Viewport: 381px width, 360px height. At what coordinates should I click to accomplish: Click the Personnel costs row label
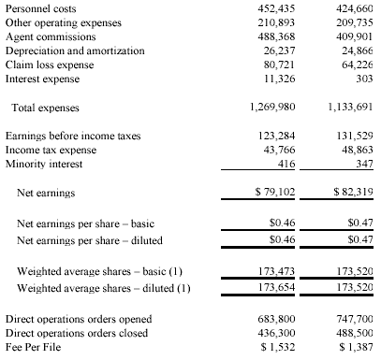[40, 8]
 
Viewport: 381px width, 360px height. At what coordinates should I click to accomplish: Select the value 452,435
[276, 8]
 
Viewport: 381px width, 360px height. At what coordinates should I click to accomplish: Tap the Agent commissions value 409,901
[354, 36]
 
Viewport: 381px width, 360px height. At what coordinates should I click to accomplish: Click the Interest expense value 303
[364, 79]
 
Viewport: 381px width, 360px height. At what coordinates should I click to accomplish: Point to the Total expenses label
[45, 108]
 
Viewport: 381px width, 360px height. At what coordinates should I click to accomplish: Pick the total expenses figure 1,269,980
[272, 108]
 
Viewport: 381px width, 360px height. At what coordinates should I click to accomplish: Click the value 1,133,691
[350, 108]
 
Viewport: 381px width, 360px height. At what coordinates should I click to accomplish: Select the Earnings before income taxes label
[73, 136]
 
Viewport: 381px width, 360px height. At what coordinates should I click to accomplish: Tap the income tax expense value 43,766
[279, 150]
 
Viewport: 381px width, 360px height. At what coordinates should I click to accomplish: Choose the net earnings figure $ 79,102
[274, 192]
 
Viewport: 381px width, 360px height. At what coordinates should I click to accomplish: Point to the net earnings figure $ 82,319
[353, 192]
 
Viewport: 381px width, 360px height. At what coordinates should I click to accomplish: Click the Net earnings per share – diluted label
[90, 240]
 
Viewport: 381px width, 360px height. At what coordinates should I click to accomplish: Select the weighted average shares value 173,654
[276, 287]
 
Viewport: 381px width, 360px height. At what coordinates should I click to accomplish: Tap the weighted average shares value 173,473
[276, 271]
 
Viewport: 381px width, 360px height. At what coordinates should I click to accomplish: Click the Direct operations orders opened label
[79, 319]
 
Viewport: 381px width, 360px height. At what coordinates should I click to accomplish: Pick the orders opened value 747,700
[354, 319]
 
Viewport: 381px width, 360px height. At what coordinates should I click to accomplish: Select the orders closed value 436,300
[276, 333]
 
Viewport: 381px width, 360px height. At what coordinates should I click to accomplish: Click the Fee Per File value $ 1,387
[356, 347]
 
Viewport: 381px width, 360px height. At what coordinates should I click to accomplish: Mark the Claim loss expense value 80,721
[279, 65]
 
